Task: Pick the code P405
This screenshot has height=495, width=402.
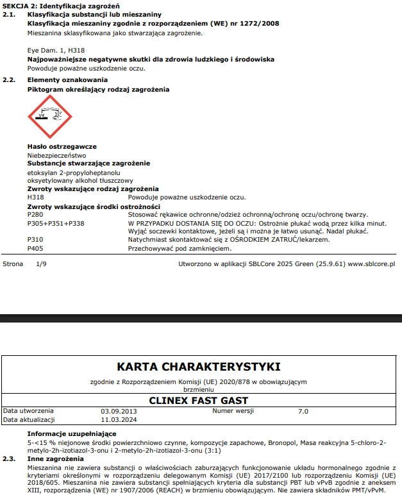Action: (35, 247)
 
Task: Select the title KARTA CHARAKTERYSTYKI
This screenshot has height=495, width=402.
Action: (199, 367)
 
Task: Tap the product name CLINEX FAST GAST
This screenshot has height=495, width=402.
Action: (199, 401)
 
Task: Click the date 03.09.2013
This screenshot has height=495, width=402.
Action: (119, 410)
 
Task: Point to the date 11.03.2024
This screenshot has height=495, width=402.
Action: (119, 419)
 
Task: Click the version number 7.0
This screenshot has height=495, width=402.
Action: (303, 410)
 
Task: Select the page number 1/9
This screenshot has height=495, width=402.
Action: (41, 264)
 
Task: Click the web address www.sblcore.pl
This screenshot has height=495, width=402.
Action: (372, 264)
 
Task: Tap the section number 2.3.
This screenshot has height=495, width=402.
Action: (9, 459)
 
